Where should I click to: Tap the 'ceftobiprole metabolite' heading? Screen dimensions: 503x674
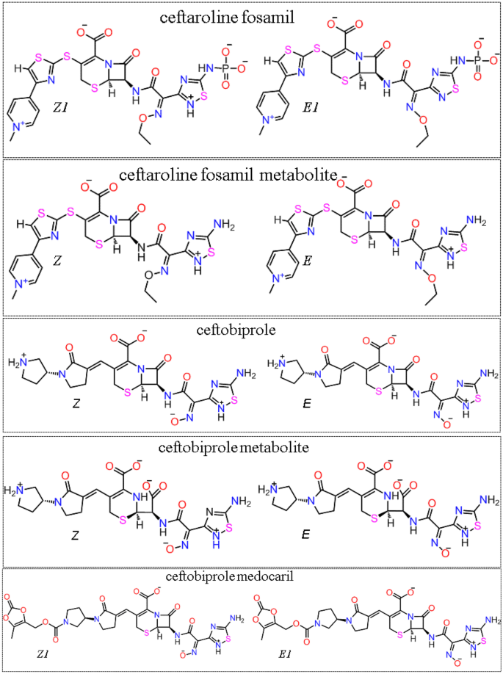pyautogui.click(x=251, y=447)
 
